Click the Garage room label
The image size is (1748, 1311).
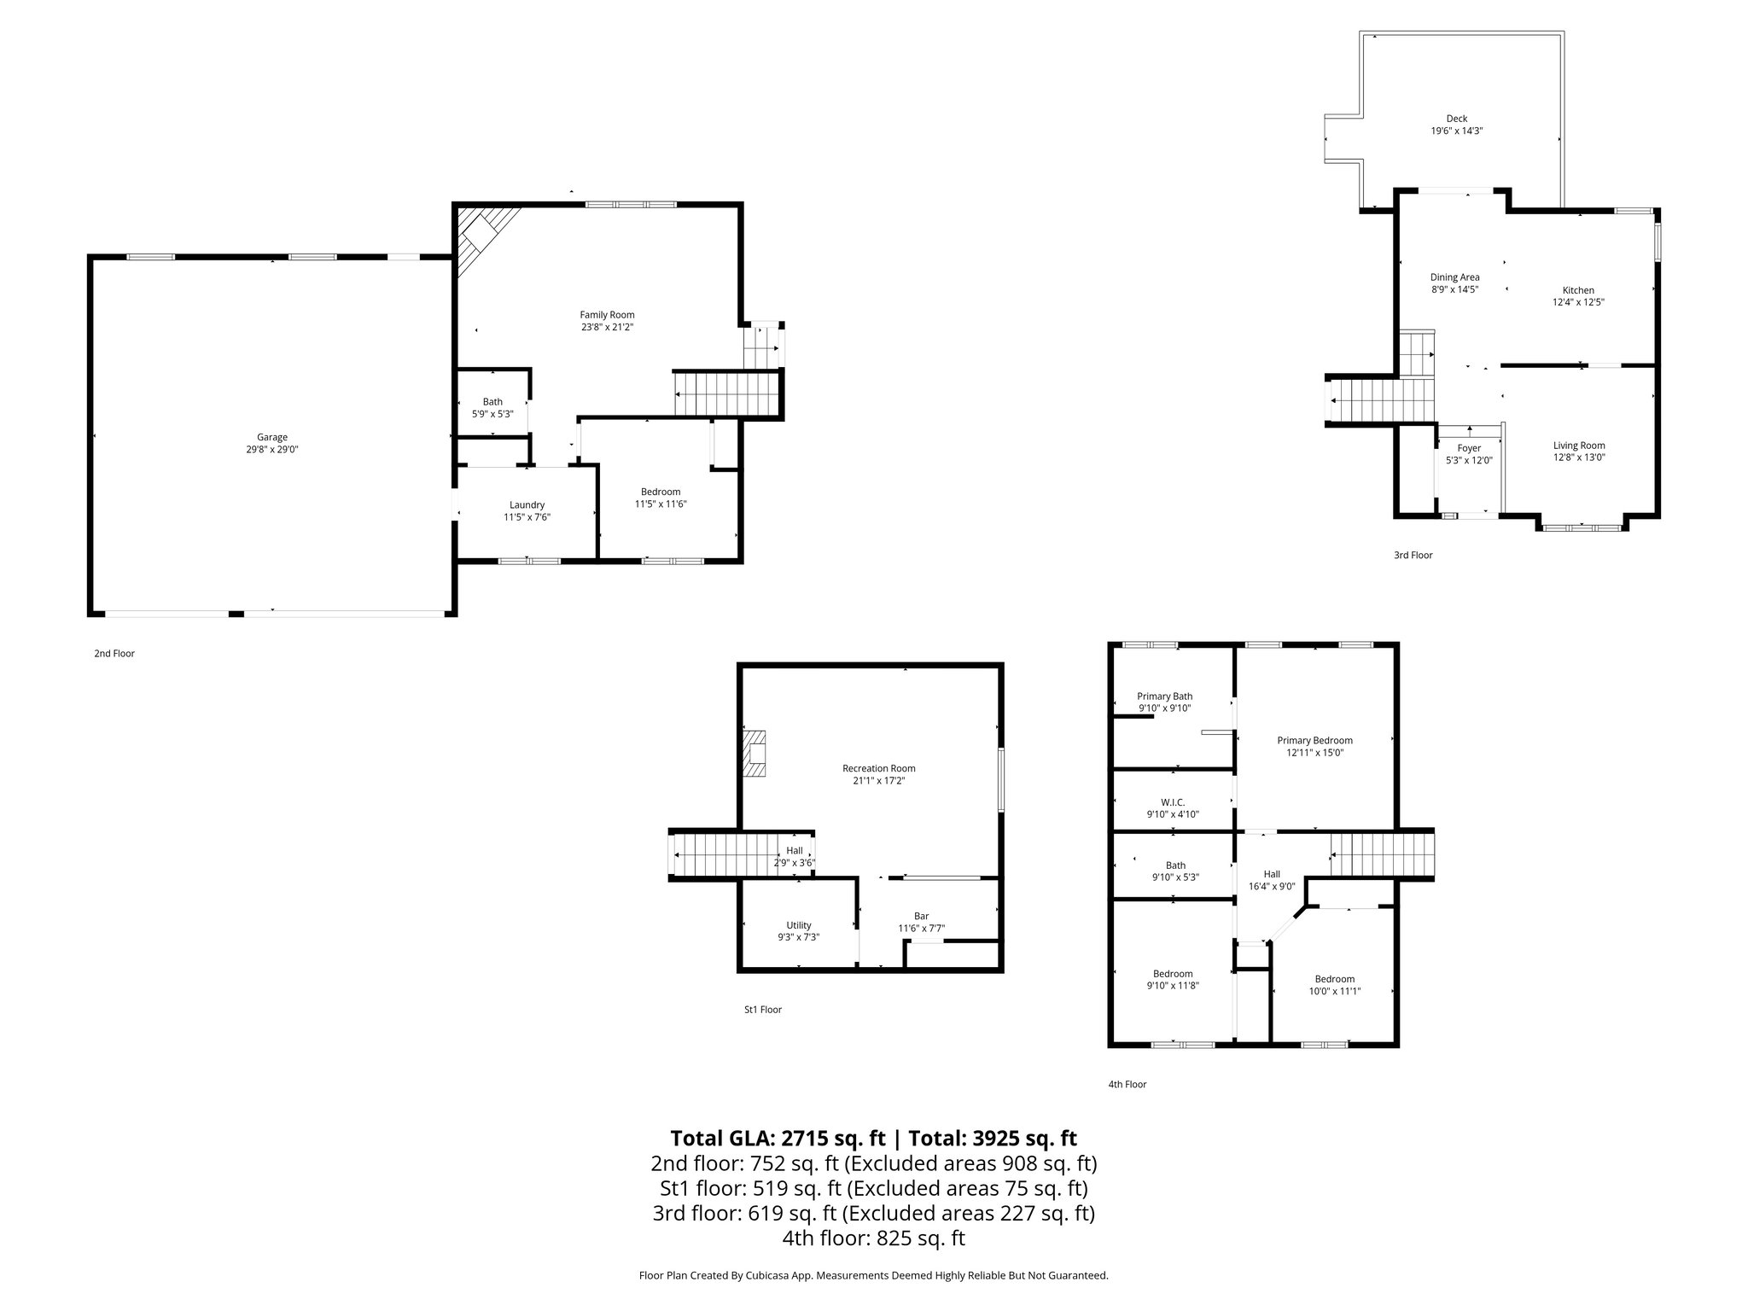[272, 437]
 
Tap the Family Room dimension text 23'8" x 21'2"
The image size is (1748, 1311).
[607, 327]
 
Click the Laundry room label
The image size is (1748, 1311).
[527, 504]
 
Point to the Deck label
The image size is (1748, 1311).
[1456, 119]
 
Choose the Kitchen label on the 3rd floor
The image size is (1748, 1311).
[1578, 290]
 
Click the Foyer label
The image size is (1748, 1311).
[1469, 448]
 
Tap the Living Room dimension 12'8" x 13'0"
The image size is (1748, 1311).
[1578, 457]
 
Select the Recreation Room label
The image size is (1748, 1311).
[878, 768]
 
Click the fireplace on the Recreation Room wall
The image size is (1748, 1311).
[755, 753]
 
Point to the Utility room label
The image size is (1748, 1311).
[798, 925]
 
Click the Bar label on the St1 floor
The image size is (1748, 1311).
[921, 916]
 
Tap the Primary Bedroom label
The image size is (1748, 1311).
[1314, 740]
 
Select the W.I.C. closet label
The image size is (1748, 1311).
[1173, 801]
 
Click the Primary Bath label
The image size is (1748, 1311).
[1164, 696]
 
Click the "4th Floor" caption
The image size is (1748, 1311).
[1127, 1084]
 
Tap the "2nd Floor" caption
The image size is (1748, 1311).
[114, 653]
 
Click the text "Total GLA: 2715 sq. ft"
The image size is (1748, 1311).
[779, 1138]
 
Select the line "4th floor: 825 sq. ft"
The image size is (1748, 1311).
[873, 1238]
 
